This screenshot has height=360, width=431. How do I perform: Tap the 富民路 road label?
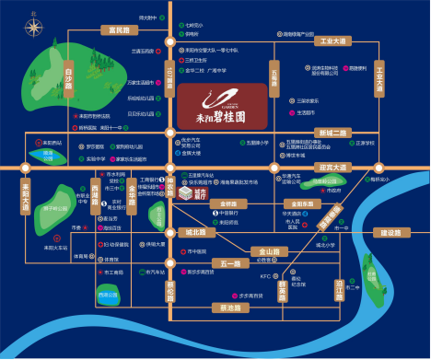[120, 30]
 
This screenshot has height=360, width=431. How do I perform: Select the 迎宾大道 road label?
[332, 168]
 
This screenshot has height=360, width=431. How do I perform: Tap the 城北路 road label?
[195, 232]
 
